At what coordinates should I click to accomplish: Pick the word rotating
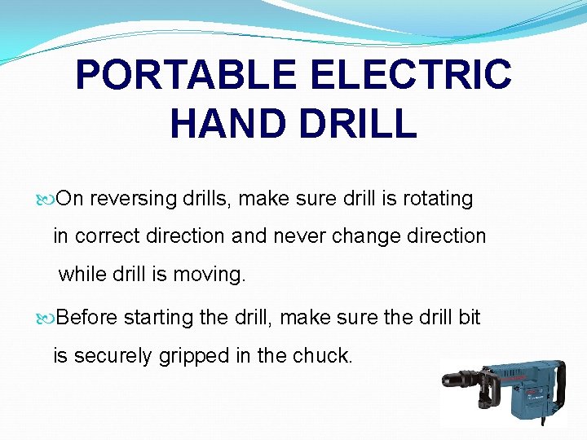(x=437, y=199)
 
